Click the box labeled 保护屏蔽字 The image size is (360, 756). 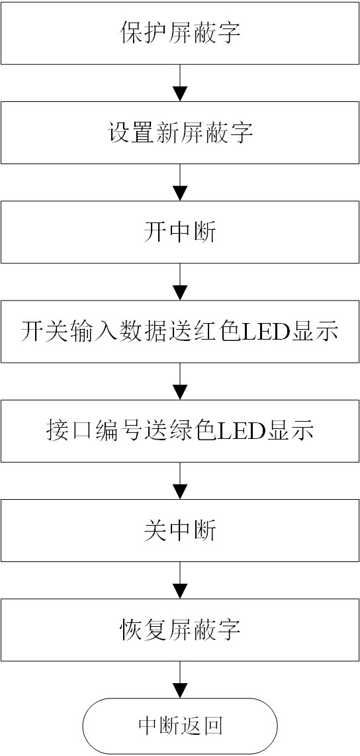(180, 33)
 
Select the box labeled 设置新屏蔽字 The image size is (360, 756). (180, 132)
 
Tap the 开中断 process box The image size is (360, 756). (180, 232)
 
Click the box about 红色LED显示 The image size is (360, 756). (180, 331)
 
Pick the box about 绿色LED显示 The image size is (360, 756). (180, 431)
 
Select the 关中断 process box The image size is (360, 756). (180, 530)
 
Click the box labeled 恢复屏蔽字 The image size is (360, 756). (180, 630)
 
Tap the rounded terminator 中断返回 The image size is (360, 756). (180, 726)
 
